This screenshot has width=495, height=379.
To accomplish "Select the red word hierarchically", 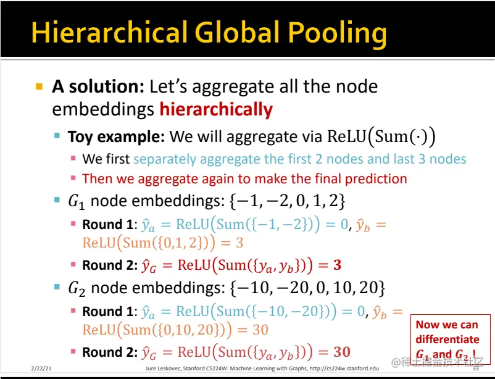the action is [x=216, y=110].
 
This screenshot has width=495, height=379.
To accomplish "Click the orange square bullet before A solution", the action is [x=39, y=86].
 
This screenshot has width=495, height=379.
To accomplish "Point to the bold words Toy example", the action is [x=116, y=137].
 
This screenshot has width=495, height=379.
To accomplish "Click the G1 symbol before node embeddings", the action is [x=77, y=201].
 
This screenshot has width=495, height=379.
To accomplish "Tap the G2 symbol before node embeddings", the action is [x=77, y=289].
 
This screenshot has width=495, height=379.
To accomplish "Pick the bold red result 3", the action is [x=337, y=265].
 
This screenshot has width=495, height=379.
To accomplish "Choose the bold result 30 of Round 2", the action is [x=342, y=352].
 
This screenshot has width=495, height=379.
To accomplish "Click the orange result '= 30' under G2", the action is [x=252, y=330].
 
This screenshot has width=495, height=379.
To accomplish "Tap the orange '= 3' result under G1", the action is [x=232, y=243].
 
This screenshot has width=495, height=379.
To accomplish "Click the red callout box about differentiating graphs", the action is [x=451, y=339].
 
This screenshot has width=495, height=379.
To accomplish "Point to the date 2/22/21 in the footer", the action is [x=41, y=369].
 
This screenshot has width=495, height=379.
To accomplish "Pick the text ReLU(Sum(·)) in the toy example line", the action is [x=381, y=137].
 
